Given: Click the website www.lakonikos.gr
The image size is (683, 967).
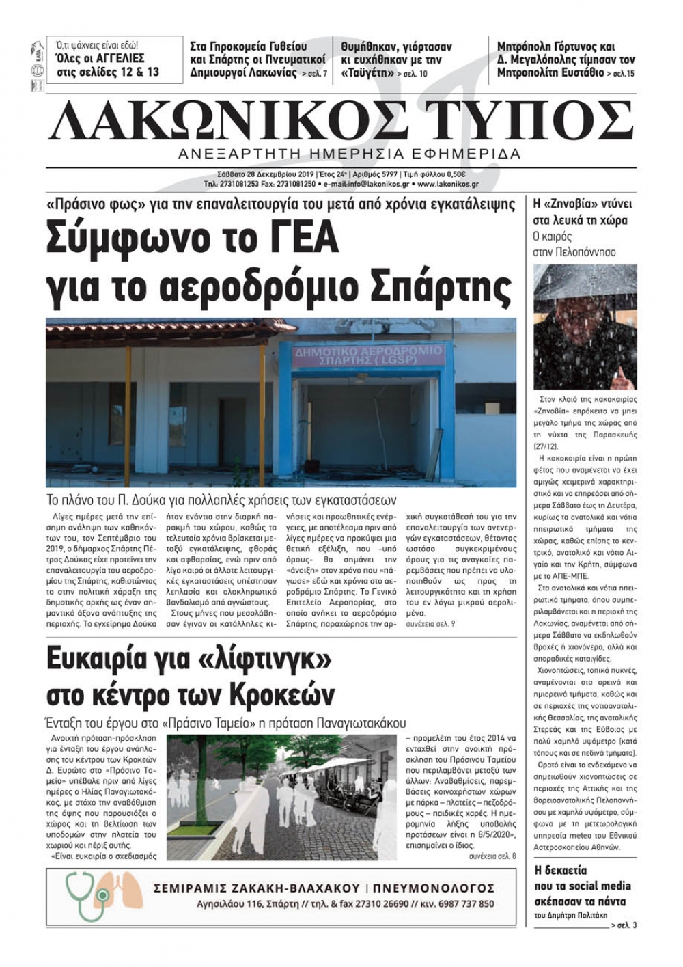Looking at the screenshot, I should pos(447,185).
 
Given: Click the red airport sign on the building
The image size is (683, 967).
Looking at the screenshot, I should pos(367,356).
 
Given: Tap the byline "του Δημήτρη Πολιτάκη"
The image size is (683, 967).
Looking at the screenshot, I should pos(570,916).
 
